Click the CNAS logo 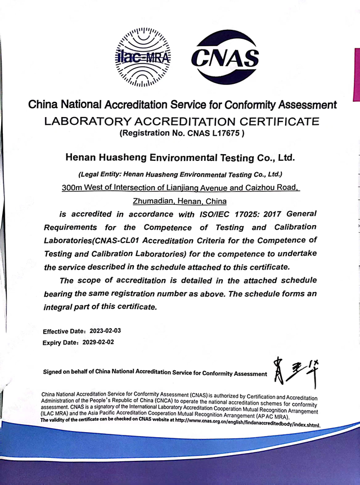tap(225, 57)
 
